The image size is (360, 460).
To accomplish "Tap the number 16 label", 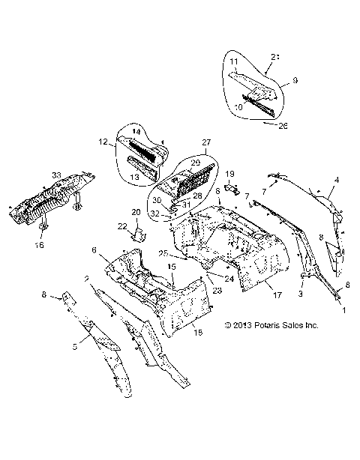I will [40, 245].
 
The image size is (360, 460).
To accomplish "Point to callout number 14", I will [136, 132].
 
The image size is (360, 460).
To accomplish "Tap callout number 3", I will [302, 294].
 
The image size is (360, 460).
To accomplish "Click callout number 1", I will [345, 309].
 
